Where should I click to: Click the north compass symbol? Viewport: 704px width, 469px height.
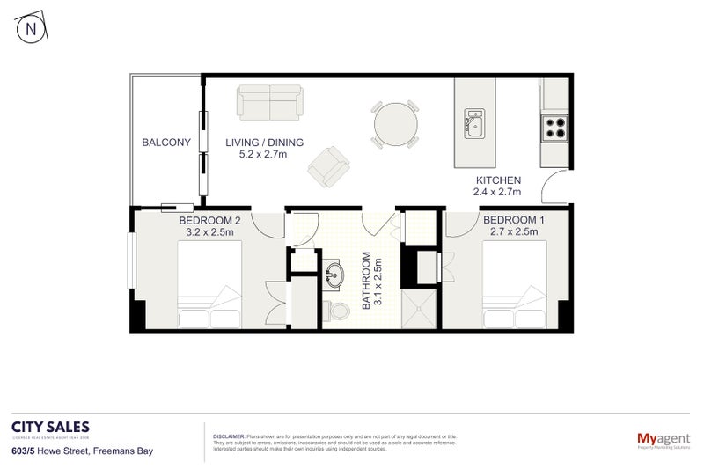tap(32, 28)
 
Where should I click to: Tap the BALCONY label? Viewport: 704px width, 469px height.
tap(166, 142)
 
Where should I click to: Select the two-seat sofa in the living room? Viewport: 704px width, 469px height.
tap(269, 102)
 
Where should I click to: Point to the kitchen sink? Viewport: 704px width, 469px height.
tap(474, 124)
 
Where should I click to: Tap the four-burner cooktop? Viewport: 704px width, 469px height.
tap(555, 128)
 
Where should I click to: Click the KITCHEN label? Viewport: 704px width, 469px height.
tap(498, 180)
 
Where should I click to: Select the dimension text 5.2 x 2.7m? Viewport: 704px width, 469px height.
tap(263, 155)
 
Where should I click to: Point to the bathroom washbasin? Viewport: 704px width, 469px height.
tap(335, 275)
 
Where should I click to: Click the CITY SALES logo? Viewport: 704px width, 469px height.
tap(49, 427)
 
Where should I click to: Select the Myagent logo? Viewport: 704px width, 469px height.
tap(661, 437)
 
